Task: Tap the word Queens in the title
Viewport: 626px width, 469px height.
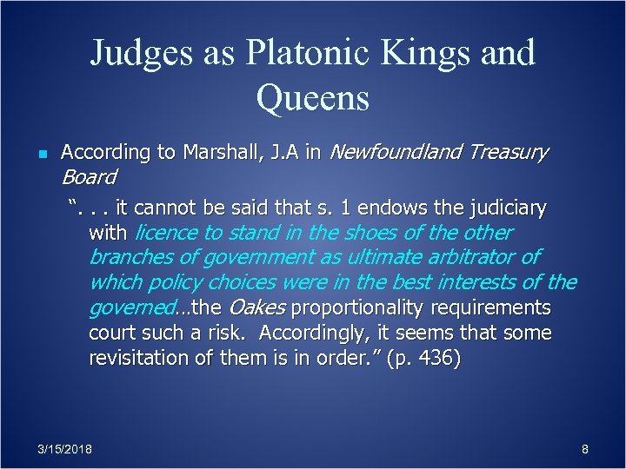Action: click(313, 99)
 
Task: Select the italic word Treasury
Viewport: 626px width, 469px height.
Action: click(508, 153)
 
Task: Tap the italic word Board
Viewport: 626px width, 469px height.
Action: click(88, 177)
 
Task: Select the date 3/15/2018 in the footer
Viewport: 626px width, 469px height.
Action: click(66, 449)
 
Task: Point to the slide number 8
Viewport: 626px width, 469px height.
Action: click(585, 449)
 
